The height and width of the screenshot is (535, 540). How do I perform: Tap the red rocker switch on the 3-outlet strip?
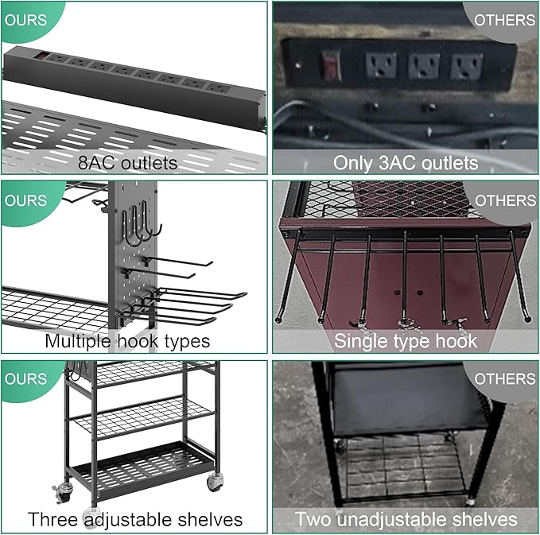pyautogui.click(x=331, y=65)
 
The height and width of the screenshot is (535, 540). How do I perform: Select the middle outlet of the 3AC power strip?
pyautogui.click(x=424, y=66)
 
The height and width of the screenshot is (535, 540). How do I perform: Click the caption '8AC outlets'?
pyautogui.click(x=127, y=163)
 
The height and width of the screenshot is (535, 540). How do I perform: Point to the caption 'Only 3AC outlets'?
pyautogui.click(x=406, y=162)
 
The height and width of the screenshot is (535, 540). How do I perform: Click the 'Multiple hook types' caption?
pyautogui.click(x=127, y=341)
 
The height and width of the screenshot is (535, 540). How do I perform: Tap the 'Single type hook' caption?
pyautogui.click(x=406, y=341)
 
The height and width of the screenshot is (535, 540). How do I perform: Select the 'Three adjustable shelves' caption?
pyautogui.click(x=135, y=519)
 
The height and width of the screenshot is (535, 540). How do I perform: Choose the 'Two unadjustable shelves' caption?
pyautogui.click(x=406, y=519)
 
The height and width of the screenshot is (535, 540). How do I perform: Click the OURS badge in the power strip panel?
pyautogui.click(x=25, y=20)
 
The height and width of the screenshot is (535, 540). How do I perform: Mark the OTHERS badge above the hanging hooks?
pyautogui.click(x=505, y=200)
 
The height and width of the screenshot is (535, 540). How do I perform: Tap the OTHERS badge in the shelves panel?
pyautogui.click(x=504, y=379)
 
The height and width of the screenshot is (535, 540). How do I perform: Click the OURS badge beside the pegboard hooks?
pyautogui.click(x=25, y=200)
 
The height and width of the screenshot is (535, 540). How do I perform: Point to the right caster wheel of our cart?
pyautogui.click(x=216, y=482)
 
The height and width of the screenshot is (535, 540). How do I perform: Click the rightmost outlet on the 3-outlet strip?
pyautogui.click(x=467, y=66)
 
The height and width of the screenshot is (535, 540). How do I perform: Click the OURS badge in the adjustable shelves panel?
pyautogui.click(x=25, y=379)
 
